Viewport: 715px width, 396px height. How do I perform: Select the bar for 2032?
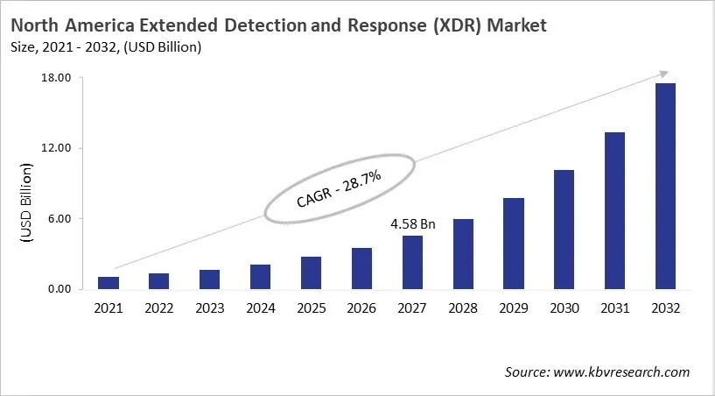click(665, 187)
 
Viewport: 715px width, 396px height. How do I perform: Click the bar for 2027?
click(412, 263)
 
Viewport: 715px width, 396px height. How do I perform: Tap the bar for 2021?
click(109, 283)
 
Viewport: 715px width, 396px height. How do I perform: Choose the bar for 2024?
click(260, 277)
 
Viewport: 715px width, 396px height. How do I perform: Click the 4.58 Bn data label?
click(412, 224)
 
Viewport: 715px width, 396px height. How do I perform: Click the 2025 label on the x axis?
click(311, 308)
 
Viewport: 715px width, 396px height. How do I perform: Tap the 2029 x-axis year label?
click(513, 308)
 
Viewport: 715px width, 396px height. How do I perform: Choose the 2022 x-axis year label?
click(159, 308)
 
